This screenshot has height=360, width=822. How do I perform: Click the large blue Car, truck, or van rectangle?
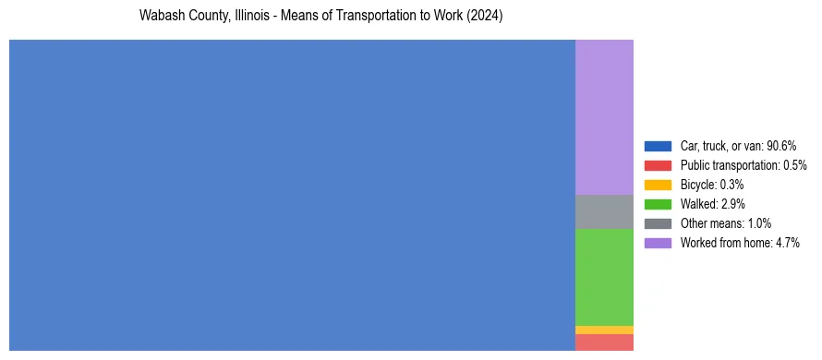tap(292, 195)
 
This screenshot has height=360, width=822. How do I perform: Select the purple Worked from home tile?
tap(604, 117)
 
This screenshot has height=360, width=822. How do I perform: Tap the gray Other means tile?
tap(604, 211)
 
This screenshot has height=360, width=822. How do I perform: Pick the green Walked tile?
tap(604, 277)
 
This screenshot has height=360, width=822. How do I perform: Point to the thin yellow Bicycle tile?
tap(604, 330)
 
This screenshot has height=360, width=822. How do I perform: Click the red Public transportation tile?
tap(604, 342)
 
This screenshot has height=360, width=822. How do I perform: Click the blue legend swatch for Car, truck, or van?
tap(658, 146)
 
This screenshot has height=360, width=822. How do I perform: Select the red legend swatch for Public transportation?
tap(658, 165)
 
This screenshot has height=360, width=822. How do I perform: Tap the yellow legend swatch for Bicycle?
tap(658, 185)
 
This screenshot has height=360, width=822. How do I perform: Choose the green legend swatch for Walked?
tap(658, 204)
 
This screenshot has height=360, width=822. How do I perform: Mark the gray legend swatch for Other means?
tap(658, 223)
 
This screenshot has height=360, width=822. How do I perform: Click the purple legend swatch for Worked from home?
tap(658, 243)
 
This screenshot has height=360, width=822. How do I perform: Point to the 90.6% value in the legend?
tap(781, 146)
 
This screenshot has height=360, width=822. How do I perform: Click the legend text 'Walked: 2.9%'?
tap(712, 204)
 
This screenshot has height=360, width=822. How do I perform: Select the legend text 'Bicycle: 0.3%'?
tap(712, 185)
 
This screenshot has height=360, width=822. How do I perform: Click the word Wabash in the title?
tap(159, 17)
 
